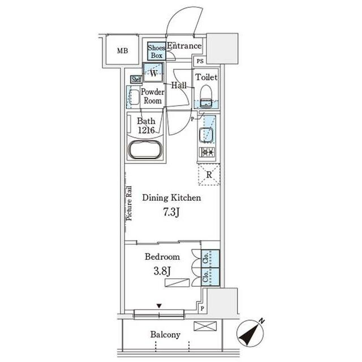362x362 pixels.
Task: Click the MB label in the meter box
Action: (122, 50)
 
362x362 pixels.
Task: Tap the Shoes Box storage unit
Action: (157, 51)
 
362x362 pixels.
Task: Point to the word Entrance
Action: (184, 46)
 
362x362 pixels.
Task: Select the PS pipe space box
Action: (200, 61)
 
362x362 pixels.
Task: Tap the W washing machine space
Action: (153, 72)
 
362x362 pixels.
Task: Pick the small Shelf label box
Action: (136, 79)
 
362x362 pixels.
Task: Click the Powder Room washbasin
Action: (133, 97)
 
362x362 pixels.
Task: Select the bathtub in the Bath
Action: (145, 149)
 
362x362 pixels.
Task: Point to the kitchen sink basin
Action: (204, 135)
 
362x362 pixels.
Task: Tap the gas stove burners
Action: (207, 152)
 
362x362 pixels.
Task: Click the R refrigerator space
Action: (209, 174)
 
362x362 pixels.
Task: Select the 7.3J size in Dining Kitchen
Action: (171, 213)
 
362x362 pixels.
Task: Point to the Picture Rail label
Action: (129, 204)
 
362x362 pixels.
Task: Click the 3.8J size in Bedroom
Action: (162, 271)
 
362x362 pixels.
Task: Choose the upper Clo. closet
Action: (210, 258)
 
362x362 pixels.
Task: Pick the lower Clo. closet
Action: (210, 277)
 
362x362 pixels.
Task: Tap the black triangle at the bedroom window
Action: (159, 306)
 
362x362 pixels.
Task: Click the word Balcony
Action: (165, 334)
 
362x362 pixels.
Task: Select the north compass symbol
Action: (250, 333)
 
